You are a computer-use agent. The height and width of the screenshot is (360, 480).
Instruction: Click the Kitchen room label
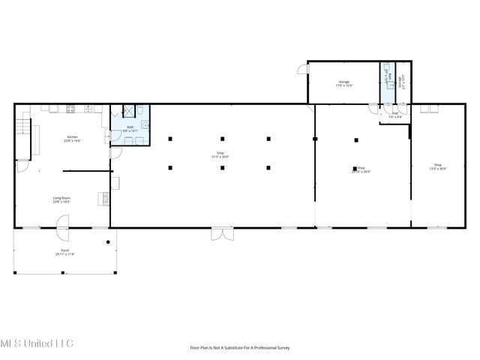[73, 139]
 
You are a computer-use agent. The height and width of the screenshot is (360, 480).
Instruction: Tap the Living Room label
[61, 200]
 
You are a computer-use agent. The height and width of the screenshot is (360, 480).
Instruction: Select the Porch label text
[64, 253]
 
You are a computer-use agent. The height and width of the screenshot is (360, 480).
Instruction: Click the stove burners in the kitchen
[71, 109]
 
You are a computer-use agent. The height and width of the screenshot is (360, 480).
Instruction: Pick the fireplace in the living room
[104, 199]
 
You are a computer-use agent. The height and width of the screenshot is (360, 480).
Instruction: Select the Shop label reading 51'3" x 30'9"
[220, 155]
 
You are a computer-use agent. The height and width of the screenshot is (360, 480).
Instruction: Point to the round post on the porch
[109, 241]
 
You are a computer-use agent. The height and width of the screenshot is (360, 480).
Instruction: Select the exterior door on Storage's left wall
[304, 70]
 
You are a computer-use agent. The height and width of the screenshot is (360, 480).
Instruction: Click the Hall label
[395, 115]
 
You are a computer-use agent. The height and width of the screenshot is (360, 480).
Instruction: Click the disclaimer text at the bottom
[239, 347]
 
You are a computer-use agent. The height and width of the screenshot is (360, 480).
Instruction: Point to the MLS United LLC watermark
[37, 343]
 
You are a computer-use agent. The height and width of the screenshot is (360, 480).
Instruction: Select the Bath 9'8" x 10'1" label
[130, 128]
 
